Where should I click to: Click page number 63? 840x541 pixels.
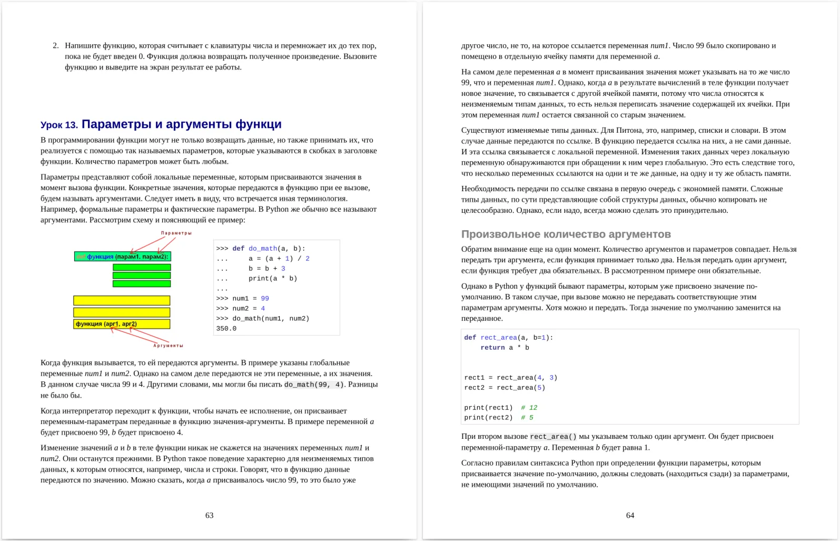pyautogui.click(x=209, y=515)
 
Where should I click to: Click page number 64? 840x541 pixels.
pyautogui.click(x=630, y=515)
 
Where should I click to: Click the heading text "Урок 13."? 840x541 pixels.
pyautogui.click(x=59, y=125)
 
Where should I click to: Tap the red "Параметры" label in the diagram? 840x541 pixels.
pyautogui.click(x=176, y=233)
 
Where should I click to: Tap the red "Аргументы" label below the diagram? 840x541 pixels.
pyautogui.click(x=168, y=346)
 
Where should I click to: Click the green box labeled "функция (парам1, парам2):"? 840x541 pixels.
pyautogui.click(x=122, y=257)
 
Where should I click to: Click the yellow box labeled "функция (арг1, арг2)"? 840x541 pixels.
pyautogui.click(x=121, y=324)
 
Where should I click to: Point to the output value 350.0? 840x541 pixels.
pyautogui.click(x=226, y=328)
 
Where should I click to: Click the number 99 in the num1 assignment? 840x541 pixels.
pyautogui.click(x=265, y=298)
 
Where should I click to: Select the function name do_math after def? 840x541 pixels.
pyautogui.click(x=263, y=248)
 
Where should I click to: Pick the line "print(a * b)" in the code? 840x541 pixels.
pyautogui.click(x=272, y=278)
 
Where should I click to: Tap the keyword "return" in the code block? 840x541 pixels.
pyautogui.click(x=492, y=347)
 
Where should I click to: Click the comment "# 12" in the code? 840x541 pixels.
pyautogui.click(x=529, y=407)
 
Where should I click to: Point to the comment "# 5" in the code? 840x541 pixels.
pyautogui.click(x=527, y=417)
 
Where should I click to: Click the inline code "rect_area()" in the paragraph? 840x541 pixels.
pyautogui.click(x=553, y=437)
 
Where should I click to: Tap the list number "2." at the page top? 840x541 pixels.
pyautogui.click(x=55, y=46)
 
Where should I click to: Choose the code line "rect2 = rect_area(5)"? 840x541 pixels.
pyautogui.click(x=505, y=387)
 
